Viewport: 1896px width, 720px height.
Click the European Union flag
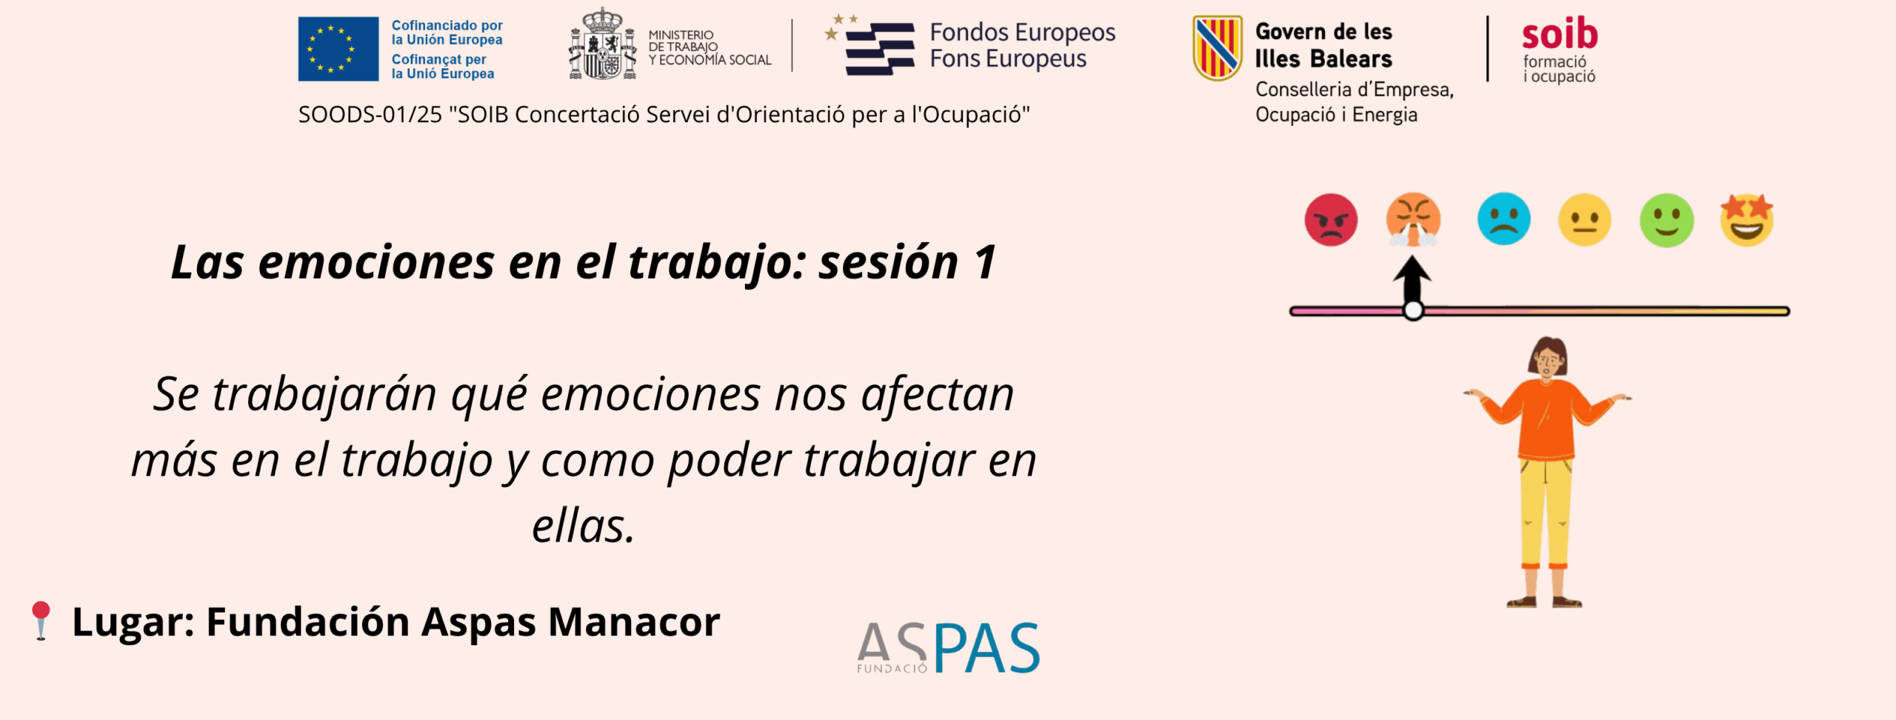[338, 49]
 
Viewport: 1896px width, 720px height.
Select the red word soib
[1560, 33]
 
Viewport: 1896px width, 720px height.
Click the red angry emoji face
[1331, 219]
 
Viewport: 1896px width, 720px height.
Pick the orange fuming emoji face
[1413, 219]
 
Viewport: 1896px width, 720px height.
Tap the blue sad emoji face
[1503, 219]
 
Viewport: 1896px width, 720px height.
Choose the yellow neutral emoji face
[1584, 219]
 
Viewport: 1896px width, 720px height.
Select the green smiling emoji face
[1666, 220]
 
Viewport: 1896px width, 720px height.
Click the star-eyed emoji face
[1747, 220]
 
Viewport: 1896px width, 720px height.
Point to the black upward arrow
[1412, 279]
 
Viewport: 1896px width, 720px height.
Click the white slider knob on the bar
[1413, 310]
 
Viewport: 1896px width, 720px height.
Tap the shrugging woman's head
[1549, 357]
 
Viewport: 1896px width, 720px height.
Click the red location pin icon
[41, 620]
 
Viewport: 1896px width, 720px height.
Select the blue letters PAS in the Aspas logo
[987, 647]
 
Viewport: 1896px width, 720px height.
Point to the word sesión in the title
[889, 262]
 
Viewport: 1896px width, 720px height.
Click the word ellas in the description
[584, 526]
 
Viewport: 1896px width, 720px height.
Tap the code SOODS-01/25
[370, 115]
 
